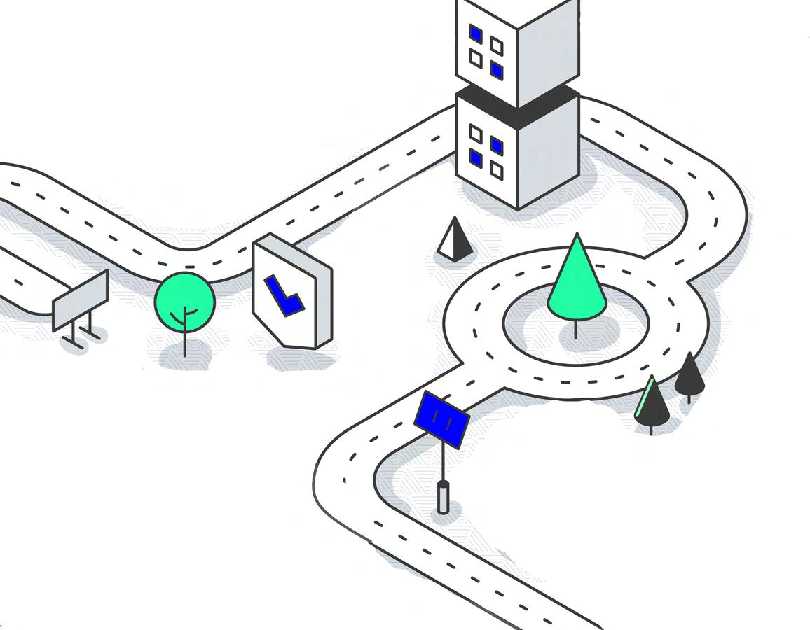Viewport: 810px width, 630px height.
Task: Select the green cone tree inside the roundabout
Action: pyautogui.click(x=577, y=283)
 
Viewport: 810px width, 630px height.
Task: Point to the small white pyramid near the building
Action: pyautogui.click(x=454, y=240)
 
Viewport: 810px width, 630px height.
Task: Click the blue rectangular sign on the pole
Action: pyautogui.click(x=441, y=419)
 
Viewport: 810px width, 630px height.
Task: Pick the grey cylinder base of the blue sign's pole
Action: pyautogui.click(x=443, y=497)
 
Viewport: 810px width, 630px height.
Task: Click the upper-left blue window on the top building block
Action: pyautogui.click(x=476, y=34)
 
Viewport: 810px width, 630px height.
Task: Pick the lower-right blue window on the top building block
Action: pyautogui.click(x=497, y=69)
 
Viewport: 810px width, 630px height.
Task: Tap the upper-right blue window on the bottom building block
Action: pyautogui.click(x=497, y=146)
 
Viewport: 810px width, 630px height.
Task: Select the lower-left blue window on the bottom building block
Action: pyautogui.click(x=476, y=157)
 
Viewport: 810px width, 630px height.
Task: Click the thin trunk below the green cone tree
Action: pyautogui.click(x=576, y=329)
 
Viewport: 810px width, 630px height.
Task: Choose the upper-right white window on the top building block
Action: pyautogui.click(x=497, y=46)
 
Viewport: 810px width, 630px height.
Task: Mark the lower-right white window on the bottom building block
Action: pyautogui.click(x=497, y=169)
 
